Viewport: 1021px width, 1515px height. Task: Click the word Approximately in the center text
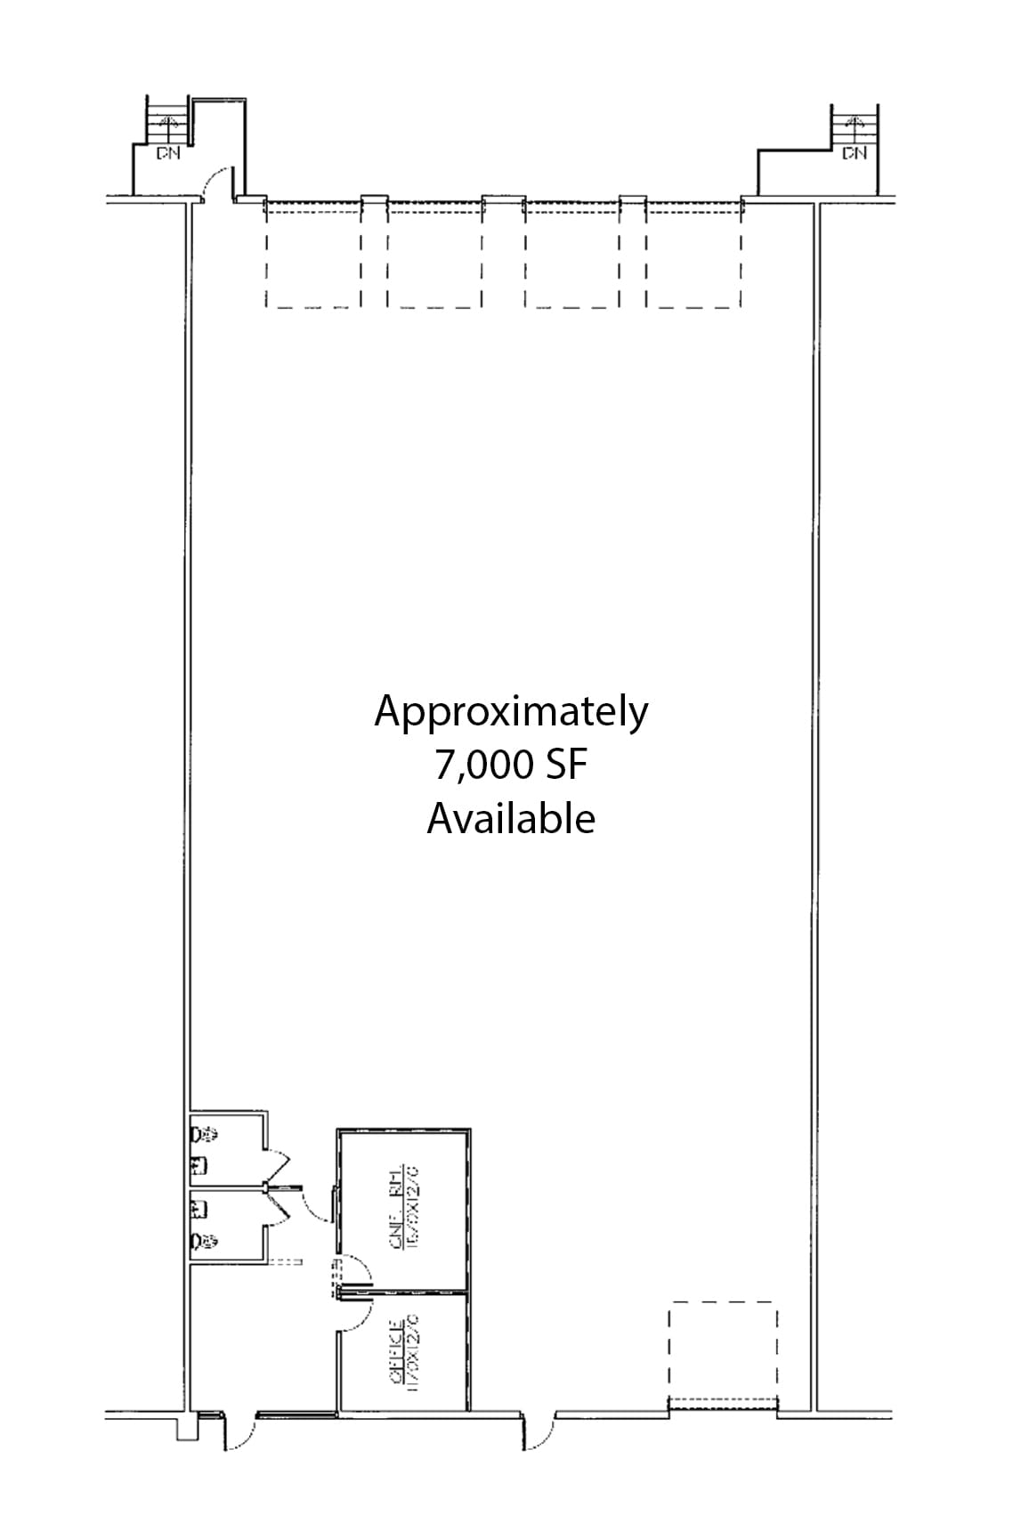tap(511, 713)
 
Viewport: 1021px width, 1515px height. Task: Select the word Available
tap(511, 818)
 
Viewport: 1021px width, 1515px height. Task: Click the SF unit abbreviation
tap(564, 766)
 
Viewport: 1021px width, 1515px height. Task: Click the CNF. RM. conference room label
tap(402, 1205)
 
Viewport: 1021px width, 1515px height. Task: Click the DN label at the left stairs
tap(166, 153)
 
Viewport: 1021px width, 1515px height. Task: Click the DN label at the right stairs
tap(854, 153)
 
